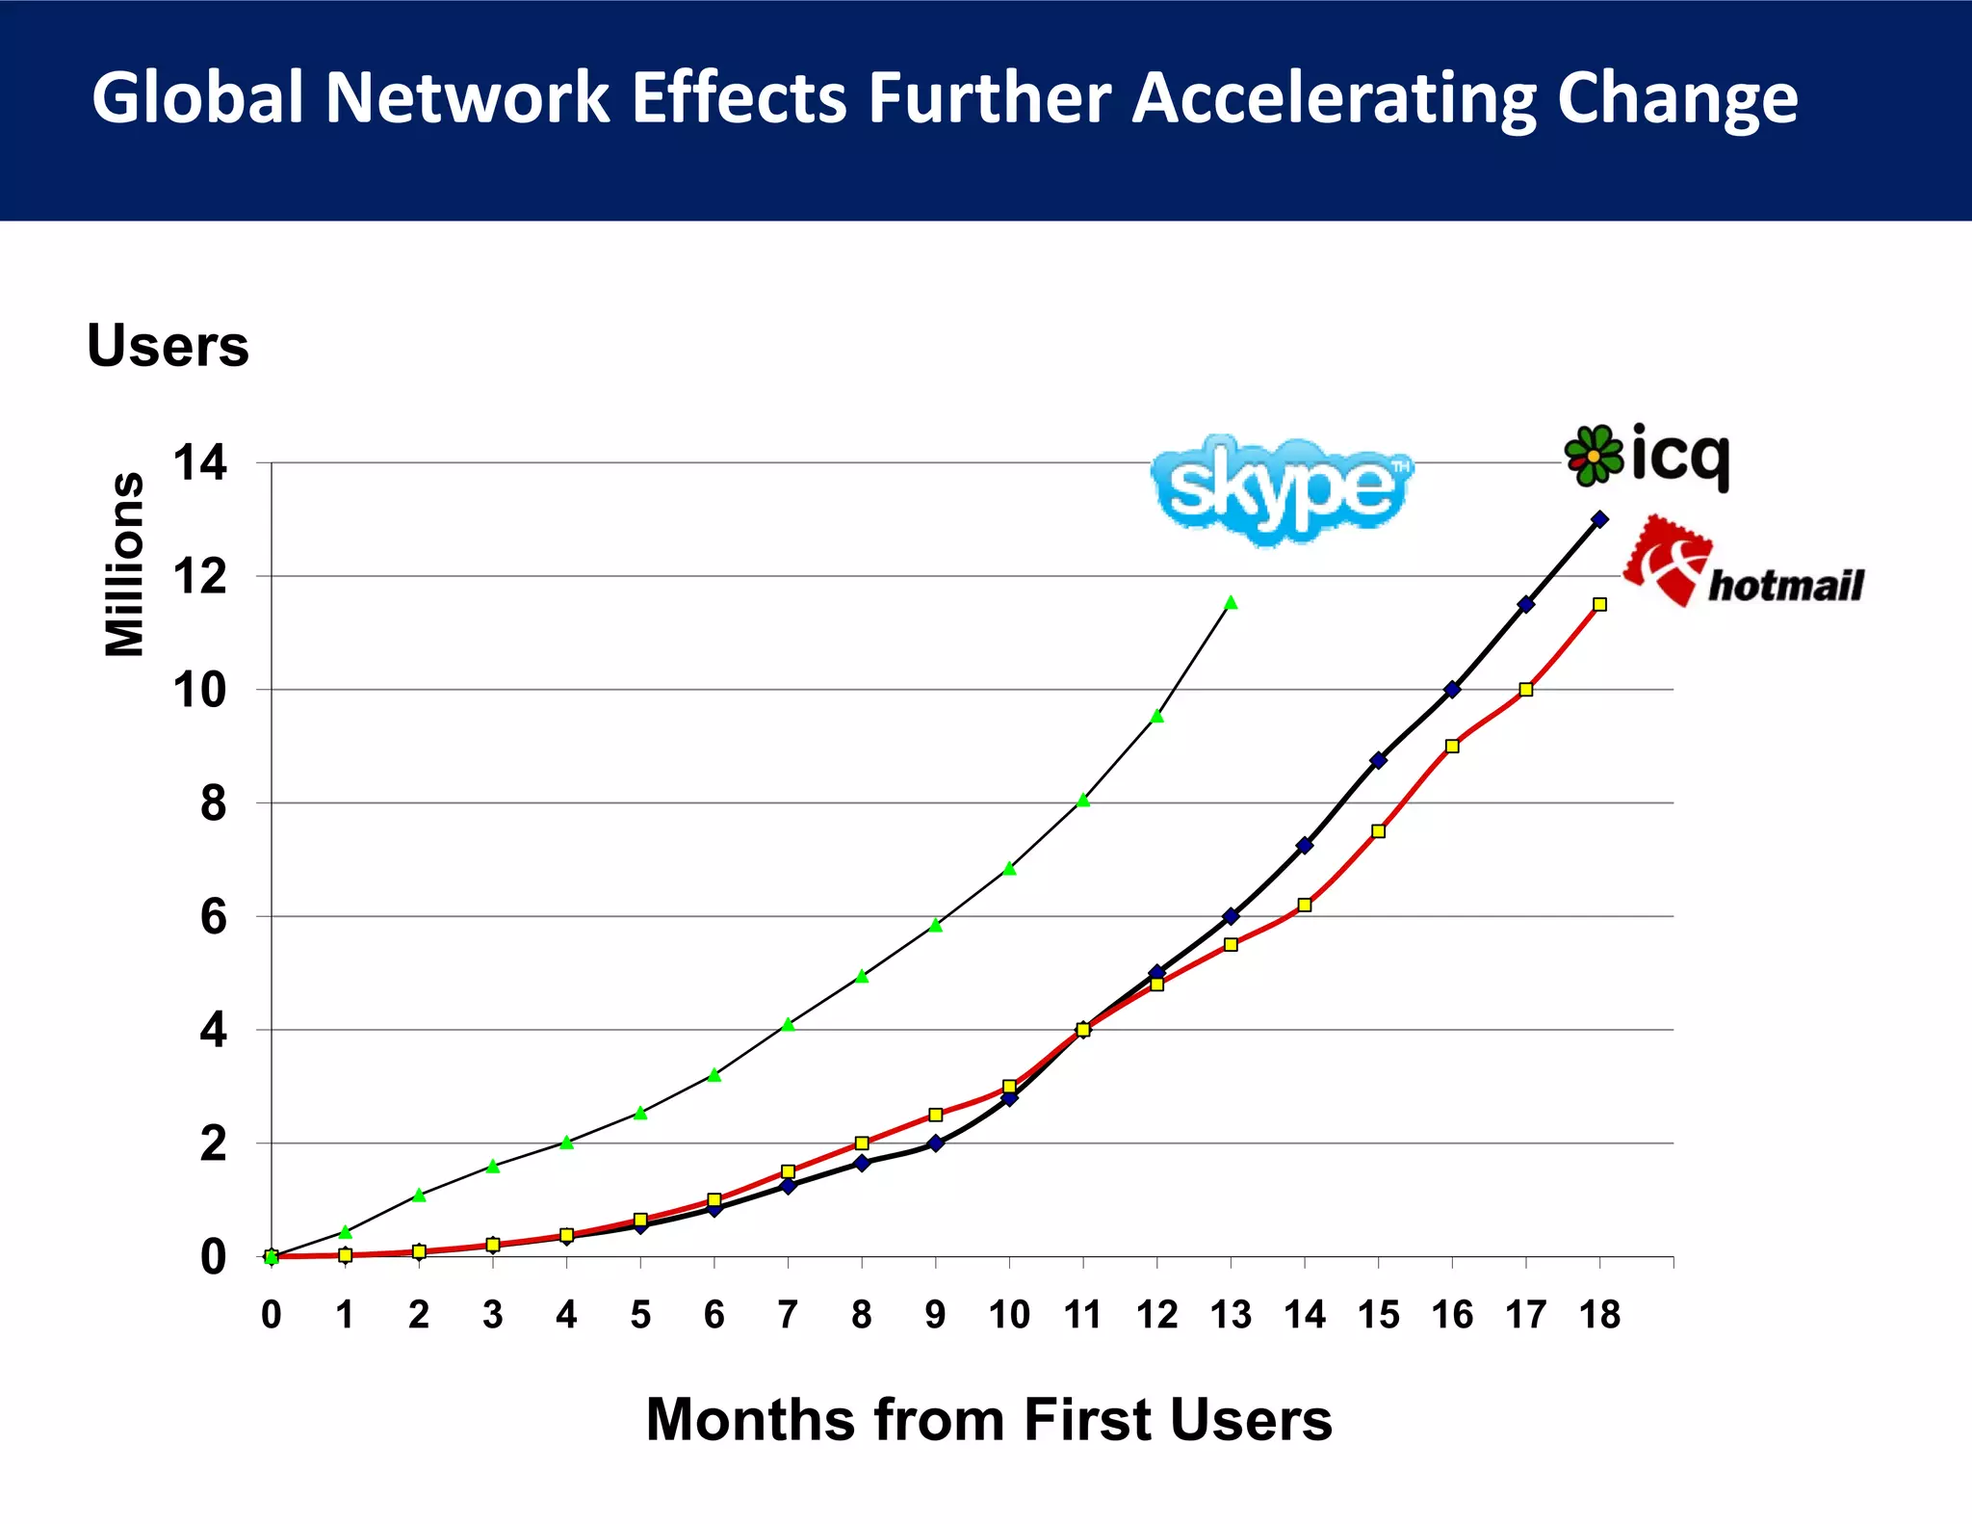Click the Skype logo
[x=1281, y=489]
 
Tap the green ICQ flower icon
[x=1594, y=455]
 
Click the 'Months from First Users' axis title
[x=989, y=1419]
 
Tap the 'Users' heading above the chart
[x=168, y=345]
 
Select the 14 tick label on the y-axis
[x=200, y=463]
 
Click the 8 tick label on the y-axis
[x=213, y=803]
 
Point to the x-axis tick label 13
[x=1231, y=1314]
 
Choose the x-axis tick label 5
[x=640, y=1314]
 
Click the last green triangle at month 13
[x=1231, y=603]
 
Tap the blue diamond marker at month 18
[x=1599, y=519]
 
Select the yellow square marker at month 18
[x=1599, y=604]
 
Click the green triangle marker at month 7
[x=788, y=1024]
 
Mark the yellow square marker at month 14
[x=1305, y=905]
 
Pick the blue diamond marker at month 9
[x=935, y=1143]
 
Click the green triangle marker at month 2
[x=419, y=1195]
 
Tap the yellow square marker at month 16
[x=1452, y=746]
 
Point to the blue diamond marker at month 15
[x=1378, y=760]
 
